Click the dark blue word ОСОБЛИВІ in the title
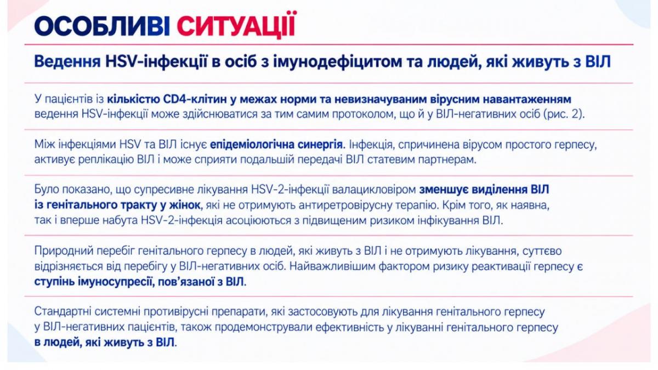[102, 26]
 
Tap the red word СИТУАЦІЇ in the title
[236, 25]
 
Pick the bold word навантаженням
[527, 100]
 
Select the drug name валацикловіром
[374, 190]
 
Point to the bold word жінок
[185, 205]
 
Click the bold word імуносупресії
[117, 282]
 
